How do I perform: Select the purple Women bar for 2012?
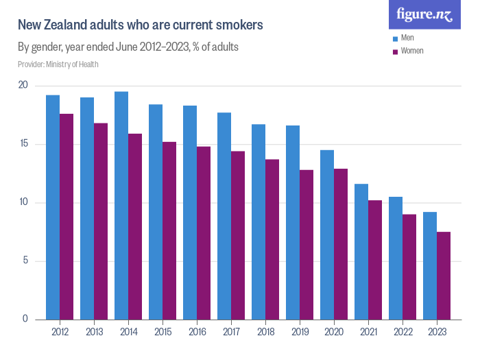(67, 217)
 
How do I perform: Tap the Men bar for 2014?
(121, 206)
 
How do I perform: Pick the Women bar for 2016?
(204, 233)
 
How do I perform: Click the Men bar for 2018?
(259, 222)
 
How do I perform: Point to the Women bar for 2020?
(341, 244)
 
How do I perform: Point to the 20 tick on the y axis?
(23, 86)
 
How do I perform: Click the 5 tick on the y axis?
(25, 261)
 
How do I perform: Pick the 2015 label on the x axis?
(163, 332)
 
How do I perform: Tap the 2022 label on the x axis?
(403, 332)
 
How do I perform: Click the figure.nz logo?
(424, 14)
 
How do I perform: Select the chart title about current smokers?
(140, 25)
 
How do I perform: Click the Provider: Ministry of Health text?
(58, 64)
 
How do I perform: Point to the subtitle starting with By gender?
(128, 47)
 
